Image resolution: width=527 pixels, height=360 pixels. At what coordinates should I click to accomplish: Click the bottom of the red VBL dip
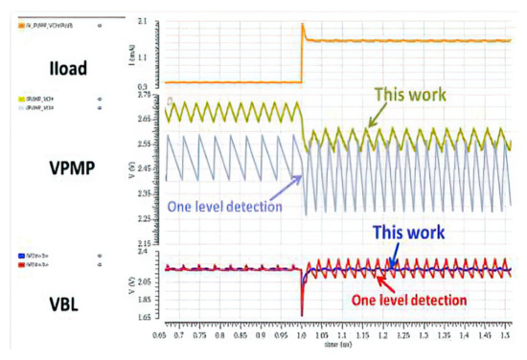tap(302, 314)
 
